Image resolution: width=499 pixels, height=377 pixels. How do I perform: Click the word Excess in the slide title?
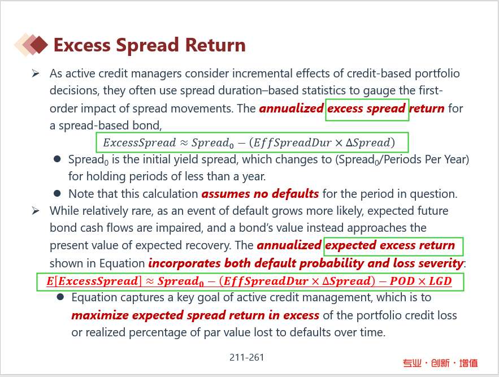pyautogui.click(x=82, y=45)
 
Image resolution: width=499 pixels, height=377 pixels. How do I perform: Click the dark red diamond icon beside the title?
pyautogui.click(x=39, y=45)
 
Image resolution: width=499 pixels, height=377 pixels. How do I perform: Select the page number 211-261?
pyautogui.click(x=246, y=357)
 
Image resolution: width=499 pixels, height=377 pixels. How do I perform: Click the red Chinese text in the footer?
pyautogui.click(x=440, y=363)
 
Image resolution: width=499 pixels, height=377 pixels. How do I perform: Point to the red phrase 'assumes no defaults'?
pyautogui.click(x=260, y=194)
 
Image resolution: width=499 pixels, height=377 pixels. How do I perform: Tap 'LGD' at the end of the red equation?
pyautogui.click(x=440, y=281)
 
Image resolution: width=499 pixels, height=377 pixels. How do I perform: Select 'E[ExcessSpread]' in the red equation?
pyautogui.click(x=93, y=281)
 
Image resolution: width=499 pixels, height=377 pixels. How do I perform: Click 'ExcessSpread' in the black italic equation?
pyautogui.click(x=140, y=142)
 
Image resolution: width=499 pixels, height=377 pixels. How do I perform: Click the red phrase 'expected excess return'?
pyautogui.click(x=390, y=245)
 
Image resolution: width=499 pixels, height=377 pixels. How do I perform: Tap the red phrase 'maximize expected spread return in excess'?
pyautogui.click(x=195, y=315)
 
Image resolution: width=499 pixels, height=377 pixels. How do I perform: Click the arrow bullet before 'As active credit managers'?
pyautogui.click(x=36, y=74)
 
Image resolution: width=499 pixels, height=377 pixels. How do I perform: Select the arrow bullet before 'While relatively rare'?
pyautogui.click(x=36, y=211)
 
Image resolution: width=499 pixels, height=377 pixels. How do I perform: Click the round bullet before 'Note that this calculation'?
pyautogui.click(x=57, y=193)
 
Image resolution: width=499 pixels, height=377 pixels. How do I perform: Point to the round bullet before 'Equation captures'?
pyautogui.click(x=60, y=297)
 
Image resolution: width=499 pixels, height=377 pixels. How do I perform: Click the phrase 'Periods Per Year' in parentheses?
pyautogui.click(x=425, y=159)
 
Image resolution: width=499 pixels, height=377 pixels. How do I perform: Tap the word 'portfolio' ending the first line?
pyautogui.click(x=437, y=74)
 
